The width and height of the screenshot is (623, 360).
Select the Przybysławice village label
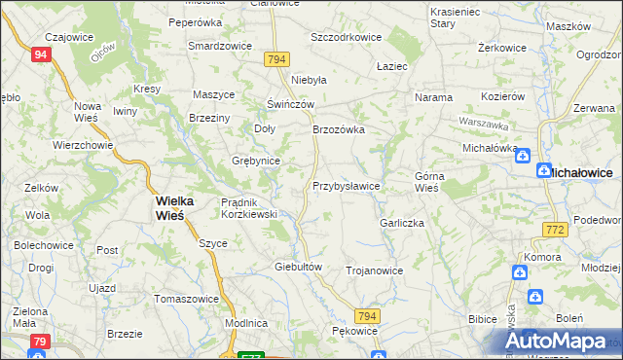pos(346,185)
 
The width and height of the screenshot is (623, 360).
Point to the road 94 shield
pos(40,55)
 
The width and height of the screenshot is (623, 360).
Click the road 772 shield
pos(555,228)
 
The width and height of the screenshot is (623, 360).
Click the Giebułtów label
pos(298,266)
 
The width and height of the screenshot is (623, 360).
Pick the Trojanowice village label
pos(374,270)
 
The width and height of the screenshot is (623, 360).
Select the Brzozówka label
pos(338,128)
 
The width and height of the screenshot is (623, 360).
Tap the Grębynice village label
pos(256,161)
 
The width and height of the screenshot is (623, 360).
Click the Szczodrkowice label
pos(345,37)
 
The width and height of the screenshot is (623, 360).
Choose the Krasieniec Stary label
pos(456,16)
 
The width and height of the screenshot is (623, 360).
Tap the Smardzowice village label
pos(220,46)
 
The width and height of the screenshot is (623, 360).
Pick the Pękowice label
pos(353,332)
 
